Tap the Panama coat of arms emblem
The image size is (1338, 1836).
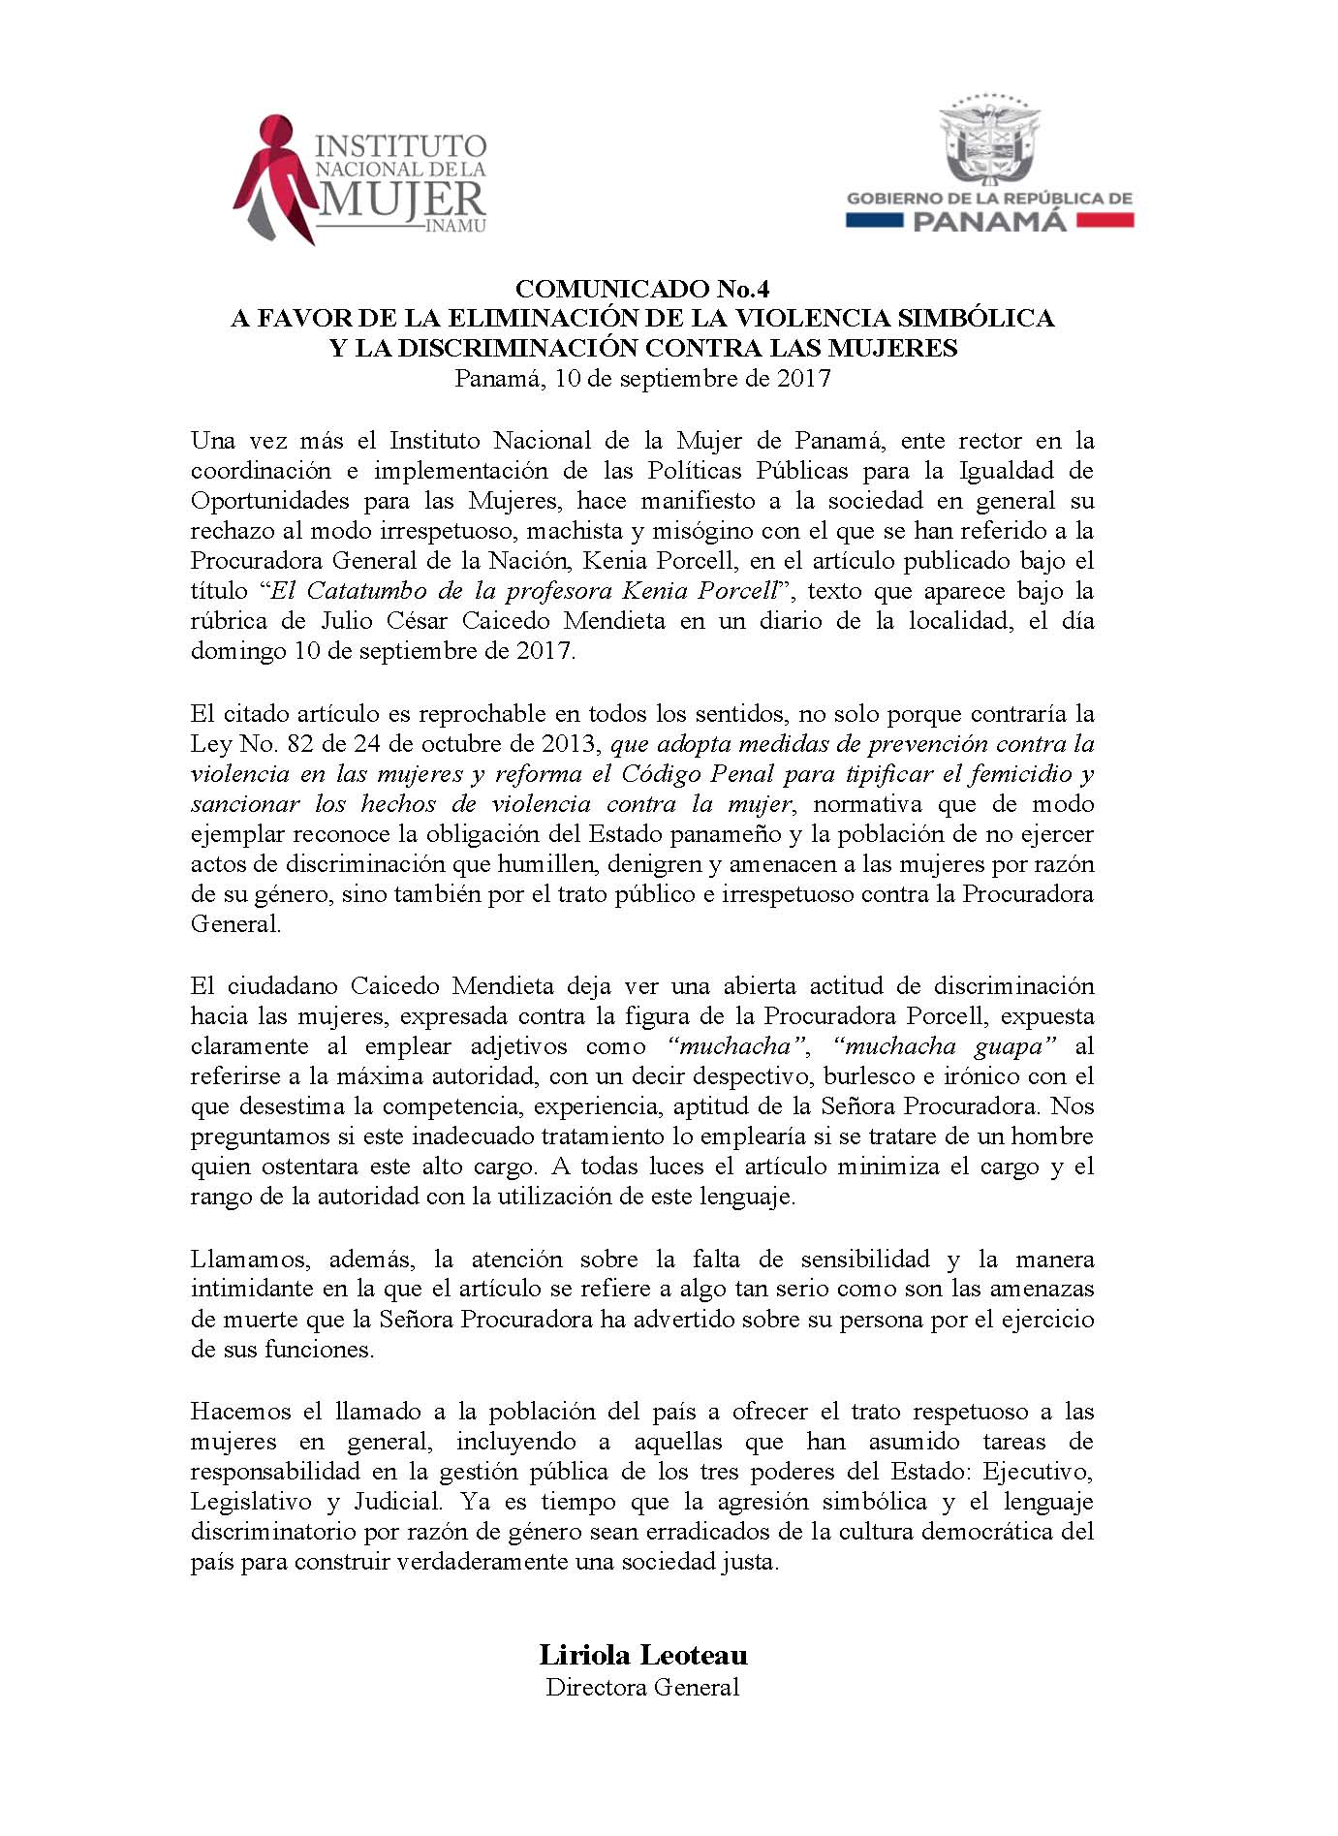pos(989,140)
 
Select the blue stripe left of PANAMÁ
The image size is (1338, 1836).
pos(875,222)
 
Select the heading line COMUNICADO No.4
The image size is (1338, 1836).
pos(642,289)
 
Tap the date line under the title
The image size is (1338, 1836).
pos(642,378)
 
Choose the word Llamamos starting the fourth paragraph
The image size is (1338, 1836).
pos(251,1260)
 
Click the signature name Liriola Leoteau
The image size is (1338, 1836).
pos(643,1655)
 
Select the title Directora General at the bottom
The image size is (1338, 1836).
pos(642,1687)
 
